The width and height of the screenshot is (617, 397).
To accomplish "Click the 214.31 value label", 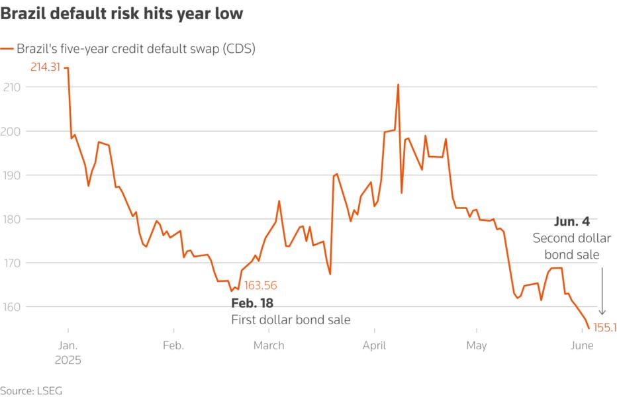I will (44, 67).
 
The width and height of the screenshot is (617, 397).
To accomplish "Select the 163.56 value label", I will (260, 286).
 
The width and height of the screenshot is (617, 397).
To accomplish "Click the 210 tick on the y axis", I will (11, 87).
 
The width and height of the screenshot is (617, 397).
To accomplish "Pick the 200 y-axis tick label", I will (11, 131).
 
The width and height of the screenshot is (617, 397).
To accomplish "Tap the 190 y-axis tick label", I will (11, 175).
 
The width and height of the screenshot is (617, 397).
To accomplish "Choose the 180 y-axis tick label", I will (11, 219).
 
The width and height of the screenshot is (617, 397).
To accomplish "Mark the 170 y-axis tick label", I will (11, 263).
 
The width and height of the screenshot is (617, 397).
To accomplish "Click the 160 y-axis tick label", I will (11, 307).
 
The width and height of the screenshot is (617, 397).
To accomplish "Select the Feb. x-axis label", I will (173, 345).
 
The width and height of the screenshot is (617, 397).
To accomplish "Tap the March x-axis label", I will (269, 345).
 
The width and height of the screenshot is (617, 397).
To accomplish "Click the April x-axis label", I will (375, 345).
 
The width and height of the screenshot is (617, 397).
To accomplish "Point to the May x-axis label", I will (477, 345).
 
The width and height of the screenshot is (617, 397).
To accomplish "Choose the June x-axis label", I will (581, 345).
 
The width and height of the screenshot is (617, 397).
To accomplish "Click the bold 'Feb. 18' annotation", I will (252, 303).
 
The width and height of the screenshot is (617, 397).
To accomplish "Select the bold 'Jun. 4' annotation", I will (571, 222).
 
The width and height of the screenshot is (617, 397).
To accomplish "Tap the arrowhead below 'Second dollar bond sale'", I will (602, 312).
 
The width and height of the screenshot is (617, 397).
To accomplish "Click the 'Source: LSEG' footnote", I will (27, 390).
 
